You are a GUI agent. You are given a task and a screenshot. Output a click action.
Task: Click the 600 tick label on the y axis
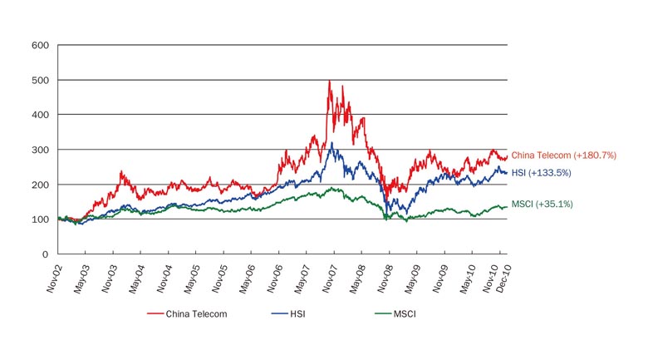tap(39, 45)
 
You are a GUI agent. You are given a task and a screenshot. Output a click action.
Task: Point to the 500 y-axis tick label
tap(39, 80)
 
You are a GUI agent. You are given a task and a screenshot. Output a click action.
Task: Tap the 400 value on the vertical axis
tap(39, 115)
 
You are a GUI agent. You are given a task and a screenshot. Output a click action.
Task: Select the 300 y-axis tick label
tap(39, 150)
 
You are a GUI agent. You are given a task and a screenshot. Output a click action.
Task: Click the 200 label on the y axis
tap(39, 185)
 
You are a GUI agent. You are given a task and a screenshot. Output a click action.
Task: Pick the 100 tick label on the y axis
tap(39, 219)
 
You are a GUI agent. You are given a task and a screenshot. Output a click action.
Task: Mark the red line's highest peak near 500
tap(330, 81)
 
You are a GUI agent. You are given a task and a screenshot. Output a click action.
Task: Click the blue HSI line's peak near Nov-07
tap(332, 143)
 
